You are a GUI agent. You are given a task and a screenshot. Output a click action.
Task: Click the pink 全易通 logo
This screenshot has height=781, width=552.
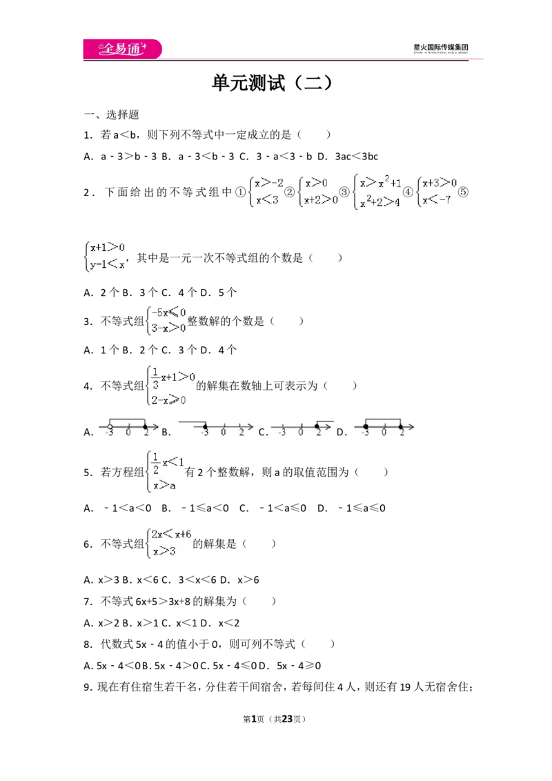pyautogui.click(x=123, y=49)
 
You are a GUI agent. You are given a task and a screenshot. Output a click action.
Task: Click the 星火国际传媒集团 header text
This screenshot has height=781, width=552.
pyautogui.click(x=441, y=48)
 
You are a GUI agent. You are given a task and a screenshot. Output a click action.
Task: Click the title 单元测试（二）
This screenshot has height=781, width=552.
pyautogui.click(x=272, y=83)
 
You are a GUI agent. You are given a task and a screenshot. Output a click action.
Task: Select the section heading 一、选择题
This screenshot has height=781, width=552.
pyautogui.click(x=111, y=115)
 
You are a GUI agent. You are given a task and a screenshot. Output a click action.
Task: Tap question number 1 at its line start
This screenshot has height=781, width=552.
pyautogui.click(x=88, y=135)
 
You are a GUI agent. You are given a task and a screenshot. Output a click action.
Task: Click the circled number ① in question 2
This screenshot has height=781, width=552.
pyautogui.click(x=241, y=192)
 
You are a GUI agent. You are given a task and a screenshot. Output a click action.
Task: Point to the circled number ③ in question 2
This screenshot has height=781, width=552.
pyautogui.click(x=344, y=192)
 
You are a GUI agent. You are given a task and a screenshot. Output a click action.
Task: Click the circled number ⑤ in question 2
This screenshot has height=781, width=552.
pyautogui.click(x=463, y=192)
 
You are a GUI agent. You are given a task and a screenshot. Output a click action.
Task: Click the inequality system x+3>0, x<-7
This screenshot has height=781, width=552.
pyautogui.click(x=436, y=192)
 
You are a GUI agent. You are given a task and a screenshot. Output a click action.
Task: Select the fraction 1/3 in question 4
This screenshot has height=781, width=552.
pyautogui.click(x=155, y=379)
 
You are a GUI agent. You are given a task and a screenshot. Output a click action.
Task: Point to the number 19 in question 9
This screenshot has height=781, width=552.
pyautogui.click(x=405, y=687)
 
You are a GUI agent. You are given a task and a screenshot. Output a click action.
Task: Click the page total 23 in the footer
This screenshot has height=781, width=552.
pyautogui.click(x=288, y=719)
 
